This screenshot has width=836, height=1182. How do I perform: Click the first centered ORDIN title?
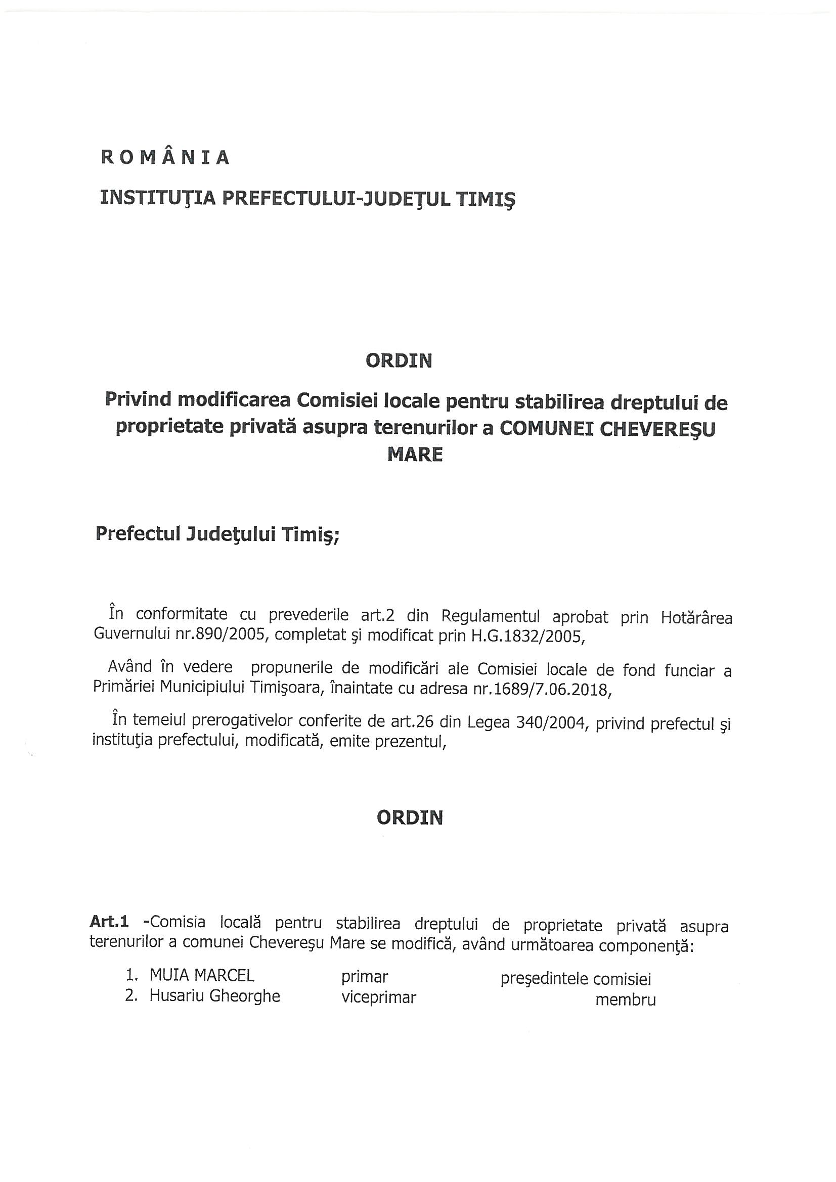point(399,361)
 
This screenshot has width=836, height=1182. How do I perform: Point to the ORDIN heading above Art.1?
point(410,817)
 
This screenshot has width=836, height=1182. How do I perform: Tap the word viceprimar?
point(379,997)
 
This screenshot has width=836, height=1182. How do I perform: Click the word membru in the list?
point(625,1000)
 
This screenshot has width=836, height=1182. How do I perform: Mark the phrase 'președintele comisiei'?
point(576,978)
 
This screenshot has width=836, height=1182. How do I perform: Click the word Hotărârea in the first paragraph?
point(696,617)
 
